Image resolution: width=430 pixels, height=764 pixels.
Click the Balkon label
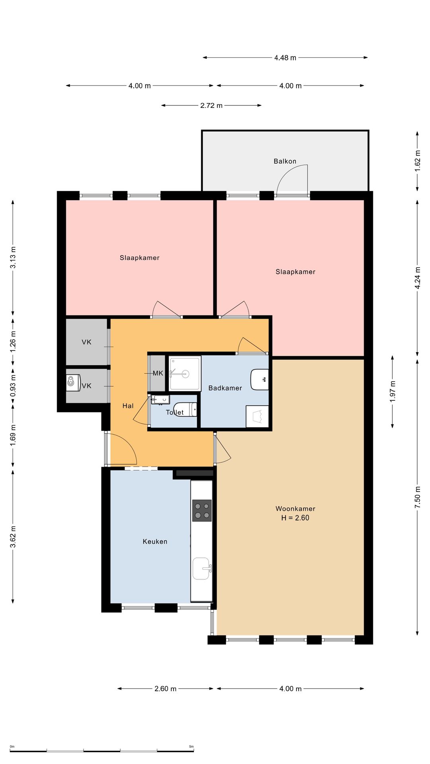tap(285, 161)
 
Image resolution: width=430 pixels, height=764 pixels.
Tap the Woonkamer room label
tap(295, 509)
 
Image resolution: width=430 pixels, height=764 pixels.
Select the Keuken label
tap(155, 542)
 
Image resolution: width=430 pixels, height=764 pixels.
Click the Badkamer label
tap(225, 388)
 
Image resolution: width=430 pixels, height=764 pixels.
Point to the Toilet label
tap(175, 412)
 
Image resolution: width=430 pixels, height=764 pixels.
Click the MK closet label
tap(158, 373)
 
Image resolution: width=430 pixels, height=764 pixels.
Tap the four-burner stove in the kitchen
tap(202, 511)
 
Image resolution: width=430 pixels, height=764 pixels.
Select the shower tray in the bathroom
tap(185, 374)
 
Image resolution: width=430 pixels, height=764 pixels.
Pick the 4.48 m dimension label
tap(285, 58)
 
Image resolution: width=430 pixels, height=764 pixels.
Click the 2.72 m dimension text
tap(211, 105)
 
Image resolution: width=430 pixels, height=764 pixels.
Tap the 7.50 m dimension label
tap(417, 497)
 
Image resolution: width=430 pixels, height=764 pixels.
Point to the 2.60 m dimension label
tap(165, 689)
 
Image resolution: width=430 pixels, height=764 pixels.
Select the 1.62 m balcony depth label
tap(417, 161)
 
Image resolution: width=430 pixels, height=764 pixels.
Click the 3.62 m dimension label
tap(13, 536)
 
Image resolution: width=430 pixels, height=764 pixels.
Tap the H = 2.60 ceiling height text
tap(295, 518)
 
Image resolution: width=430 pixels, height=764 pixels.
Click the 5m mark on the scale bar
tap(192, 746)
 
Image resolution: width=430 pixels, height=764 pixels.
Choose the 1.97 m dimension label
tap(393, 392)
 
